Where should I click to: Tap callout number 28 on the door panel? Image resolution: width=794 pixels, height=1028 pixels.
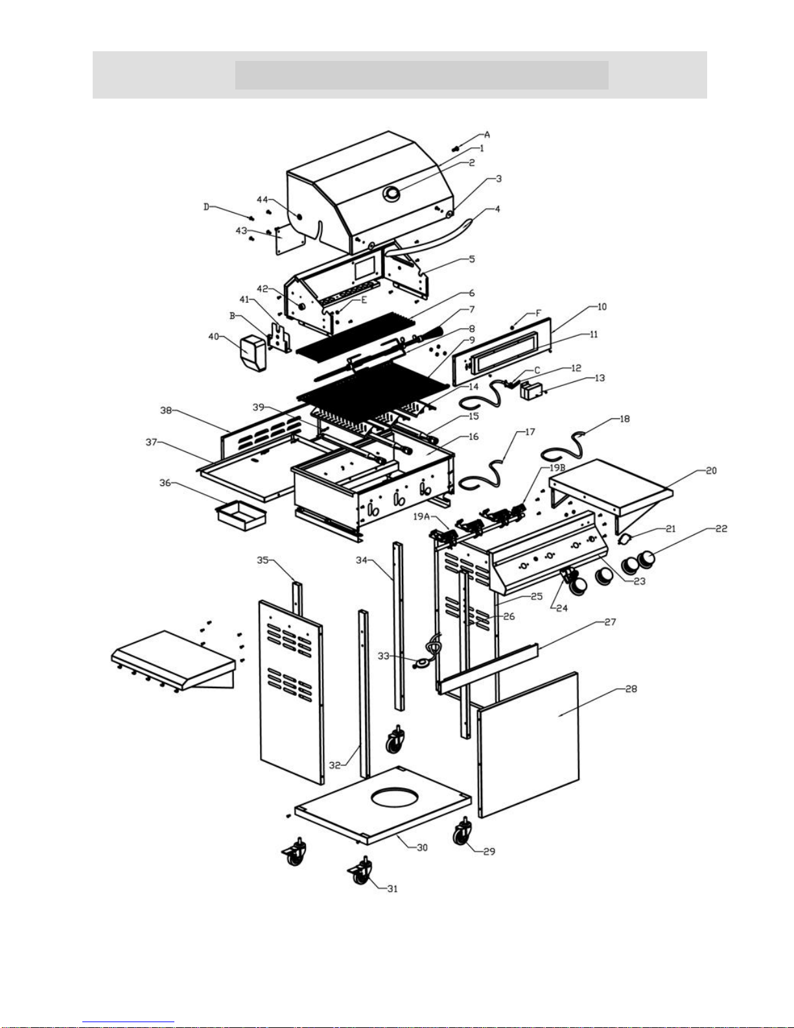[631, 689]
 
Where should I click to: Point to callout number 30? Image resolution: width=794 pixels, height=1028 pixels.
[422, 847]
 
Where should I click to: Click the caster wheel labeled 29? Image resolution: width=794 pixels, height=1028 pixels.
[463, 833]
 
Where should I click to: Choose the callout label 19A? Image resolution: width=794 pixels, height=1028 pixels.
[422, 516]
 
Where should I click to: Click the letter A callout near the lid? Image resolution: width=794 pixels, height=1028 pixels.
[487, 135]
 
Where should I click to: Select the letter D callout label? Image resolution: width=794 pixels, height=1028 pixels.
[207, 207]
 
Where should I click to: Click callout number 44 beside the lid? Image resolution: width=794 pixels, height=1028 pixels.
[262, 199]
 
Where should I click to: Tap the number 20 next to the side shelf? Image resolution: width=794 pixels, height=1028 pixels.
[711, 471]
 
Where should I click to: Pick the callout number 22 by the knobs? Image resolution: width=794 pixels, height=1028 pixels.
[721, 529]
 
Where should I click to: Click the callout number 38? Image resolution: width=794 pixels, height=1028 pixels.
[167, 410]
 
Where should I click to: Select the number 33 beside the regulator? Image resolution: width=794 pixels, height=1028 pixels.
[384, 656]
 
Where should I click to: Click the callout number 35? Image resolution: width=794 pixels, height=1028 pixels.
[263, 560]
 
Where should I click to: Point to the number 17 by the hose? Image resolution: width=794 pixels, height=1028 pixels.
[530, 431]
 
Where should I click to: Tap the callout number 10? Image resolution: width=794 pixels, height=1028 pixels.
[601, 307]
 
